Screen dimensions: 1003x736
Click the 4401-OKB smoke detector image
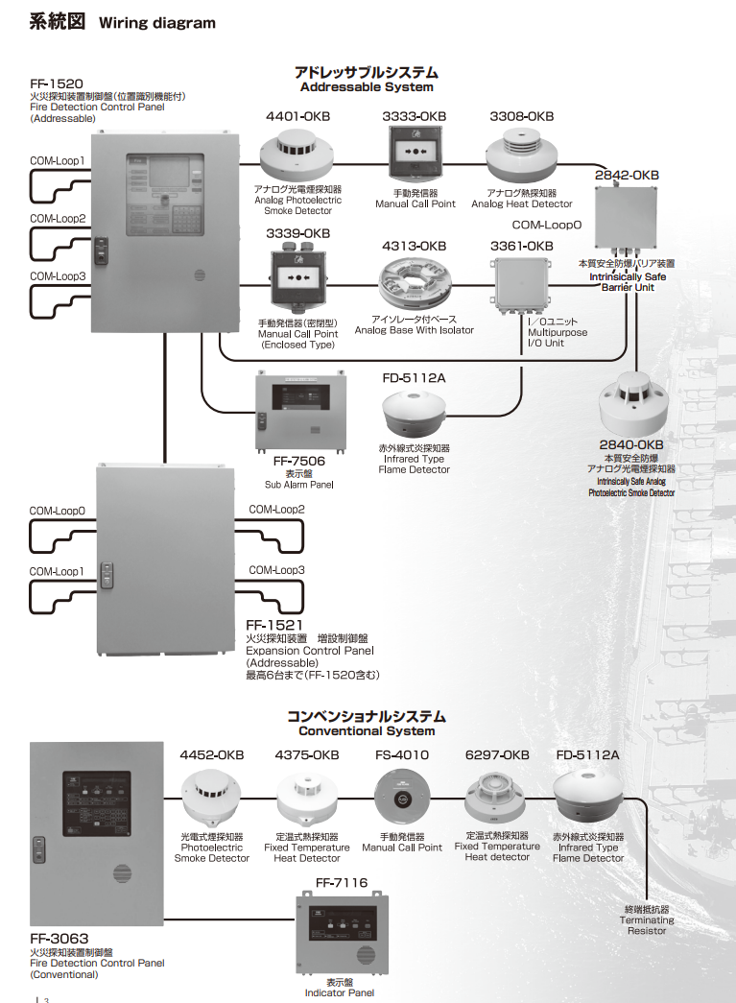click(296, 154)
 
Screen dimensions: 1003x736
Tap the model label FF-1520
click(58, 84)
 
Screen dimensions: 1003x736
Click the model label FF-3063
click(59, 938)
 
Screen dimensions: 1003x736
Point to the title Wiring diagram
click(157, 23)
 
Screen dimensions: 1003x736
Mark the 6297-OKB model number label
click(497, 754)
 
